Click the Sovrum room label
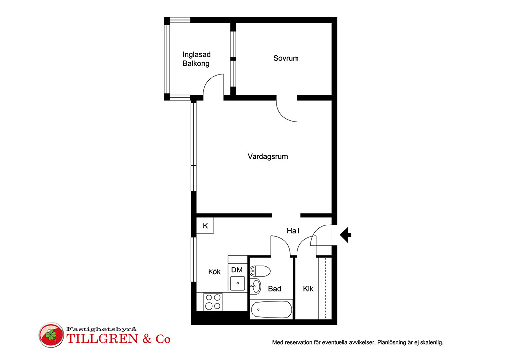point(286,58)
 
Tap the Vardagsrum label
point(267,157)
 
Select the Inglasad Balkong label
point(196,59)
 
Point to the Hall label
point(293,231)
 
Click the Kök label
point(214,272)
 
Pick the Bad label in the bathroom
point(275,289)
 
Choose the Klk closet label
point(308,289)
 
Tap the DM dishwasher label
point(237,270)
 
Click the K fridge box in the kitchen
point(205,225)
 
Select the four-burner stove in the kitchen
point(213,302)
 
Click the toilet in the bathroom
point(260,271)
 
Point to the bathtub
point(271,310)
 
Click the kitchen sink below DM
point(238,283)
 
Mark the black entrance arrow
point(346,235)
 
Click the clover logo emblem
point(51,335)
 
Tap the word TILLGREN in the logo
point(103,339)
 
